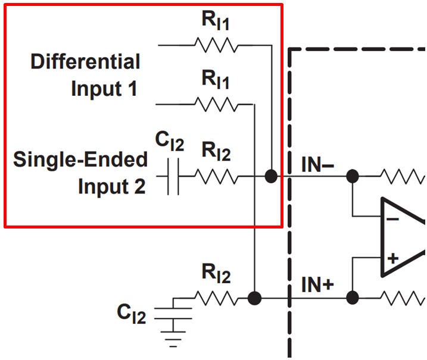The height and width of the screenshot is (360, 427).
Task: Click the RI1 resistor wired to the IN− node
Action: (x=216, y=45)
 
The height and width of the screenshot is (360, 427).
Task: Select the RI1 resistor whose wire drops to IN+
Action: (x=216, y=105)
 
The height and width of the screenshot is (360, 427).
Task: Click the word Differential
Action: (x=85, y=61)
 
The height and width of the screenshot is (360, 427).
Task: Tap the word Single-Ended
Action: (x=80, y=159)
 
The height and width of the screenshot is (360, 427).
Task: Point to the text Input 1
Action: (x=104, y=89)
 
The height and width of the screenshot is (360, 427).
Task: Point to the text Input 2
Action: (x=111, y=187)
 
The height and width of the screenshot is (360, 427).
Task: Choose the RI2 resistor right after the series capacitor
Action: (x=216, y=177)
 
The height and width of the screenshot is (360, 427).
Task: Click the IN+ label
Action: (x=317, y=286)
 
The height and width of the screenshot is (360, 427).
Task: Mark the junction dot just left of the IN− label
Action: (x=271, y=177)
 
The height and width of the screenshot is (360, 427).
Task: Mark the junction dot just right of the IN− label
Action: (x=353, y=176)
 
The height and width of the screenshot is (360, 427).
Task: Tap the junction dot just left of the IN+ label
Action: (x=255, y=298)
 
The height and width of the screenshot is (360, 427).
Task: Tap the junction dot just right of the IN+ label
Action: (x=353, y=298)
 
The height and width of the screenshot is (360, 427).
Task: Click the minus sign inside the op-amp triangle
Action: (x=392, y=218)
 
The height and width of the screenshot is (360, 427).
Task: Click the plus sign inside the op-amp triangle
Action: (x=392, y=258)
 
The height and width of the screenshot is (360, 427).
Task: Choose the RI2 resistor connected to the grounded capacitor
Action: (x=216, y=298)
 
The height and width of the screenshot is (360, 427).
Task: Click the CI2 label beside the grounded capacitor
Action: (x=132, y=314)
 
